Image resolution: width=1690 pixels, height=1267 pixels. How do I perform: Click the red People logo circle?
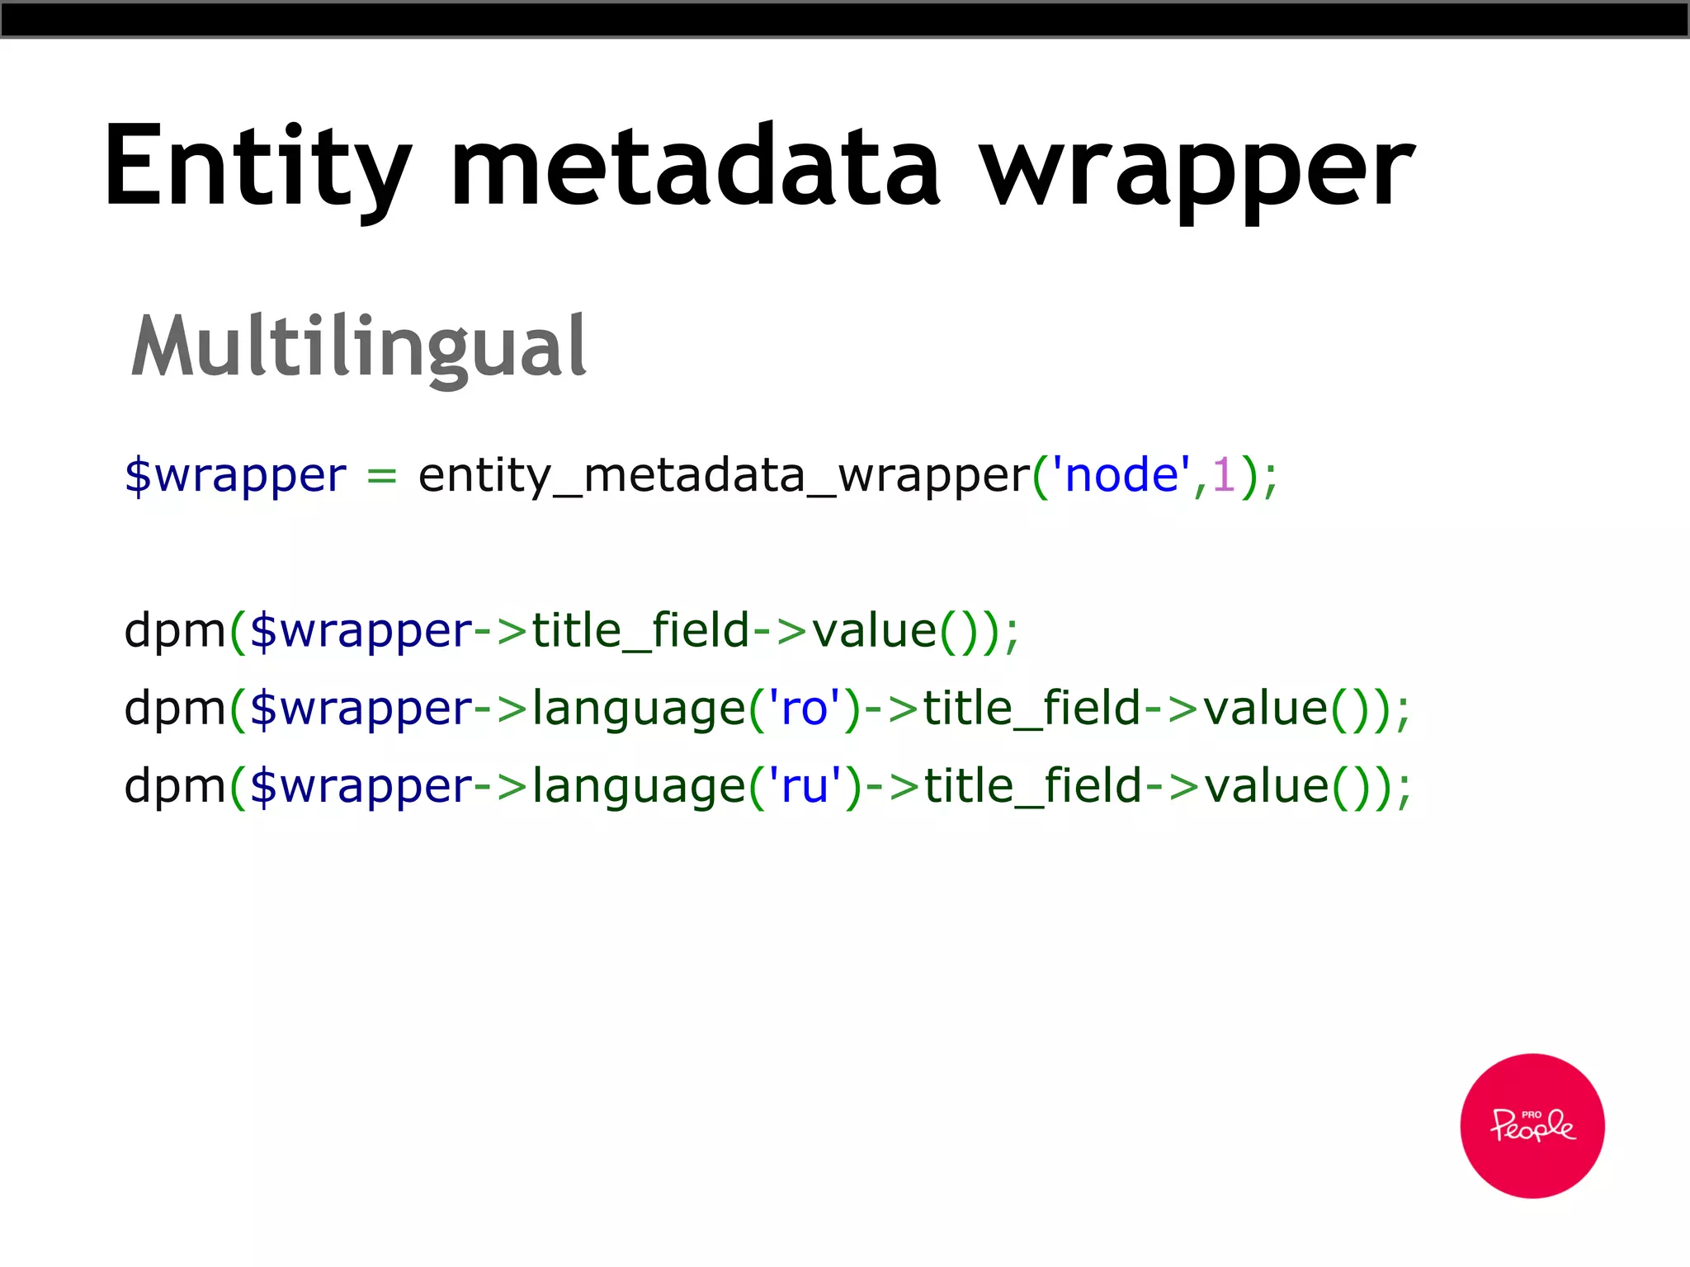(1532, 1125)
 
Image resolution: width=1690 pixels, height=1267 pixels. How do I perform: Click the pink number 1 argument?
(1224, 476)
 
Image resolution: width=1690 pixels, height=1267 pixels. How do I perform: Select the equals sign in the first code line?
(381, 476)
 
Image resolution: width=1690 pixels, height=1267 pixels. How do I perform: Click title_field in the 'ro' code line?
(1031, 709)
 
